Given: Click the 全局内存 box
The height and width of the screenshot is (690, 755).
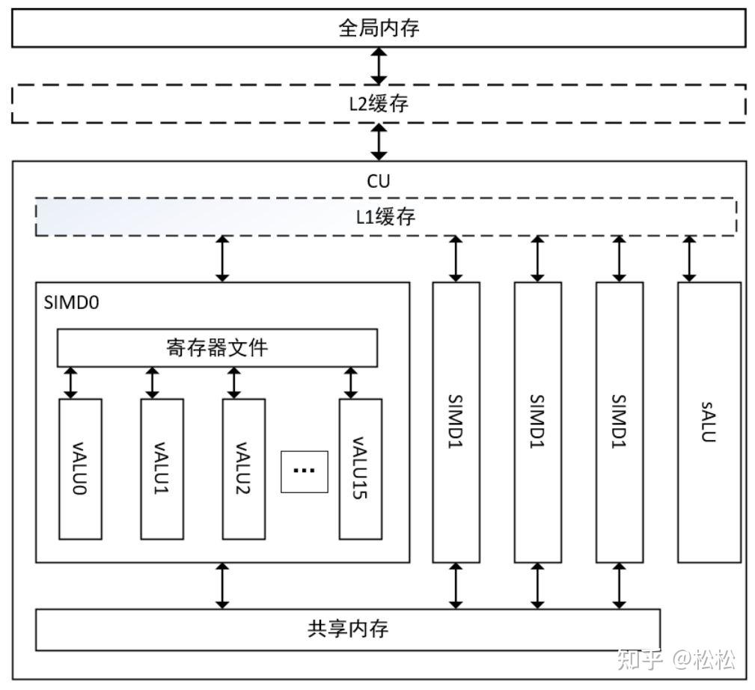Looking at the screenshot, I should pos(379,28).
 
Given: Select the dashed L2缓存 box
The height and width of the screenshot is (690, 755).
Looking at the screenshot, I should pos(379,104).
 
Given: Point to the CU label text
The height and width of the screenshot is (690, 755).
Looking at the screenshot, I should pos(379,181).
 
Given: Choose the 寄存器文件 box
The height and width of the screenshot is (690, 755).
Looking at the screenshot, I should pos(217,348).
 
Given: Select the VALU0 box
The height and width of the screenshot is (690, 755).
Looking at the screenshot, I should pos(80,468).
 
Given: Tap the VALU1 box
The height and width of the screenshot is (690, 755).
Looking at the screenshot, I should pos(162,468).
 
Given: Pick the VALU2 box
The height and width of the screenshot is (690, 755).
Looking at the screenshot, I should pos(243,468).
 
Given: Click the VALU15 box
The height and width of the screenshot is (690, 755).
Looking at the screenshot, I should pos(360,468).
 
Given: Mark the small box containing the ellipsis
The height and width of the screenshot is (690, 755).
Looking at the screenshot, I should pos(304,471).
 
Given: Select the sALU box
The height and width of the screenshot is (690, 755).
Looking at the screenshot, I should pos(709,422).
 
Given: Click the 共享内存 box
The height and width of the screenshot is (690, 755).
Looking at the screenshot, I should pos(348,629).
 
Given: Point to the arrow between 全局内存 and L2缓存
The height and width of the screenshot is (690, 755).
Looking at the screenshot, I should pos(379,66).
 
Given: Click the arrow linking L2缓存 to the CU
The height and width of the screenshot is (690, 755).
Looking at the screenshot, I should pos(379,142).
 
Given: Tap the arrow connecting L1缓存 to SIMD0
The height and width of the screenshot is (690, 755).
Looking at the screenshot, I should pos(222,259).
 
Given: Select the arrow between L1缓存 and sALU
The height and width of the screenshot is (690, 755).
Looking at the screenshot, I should pos(689,259).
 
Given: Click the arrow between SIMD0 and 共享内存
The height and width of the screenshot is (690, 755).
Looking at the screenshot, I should pos(222,585).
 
